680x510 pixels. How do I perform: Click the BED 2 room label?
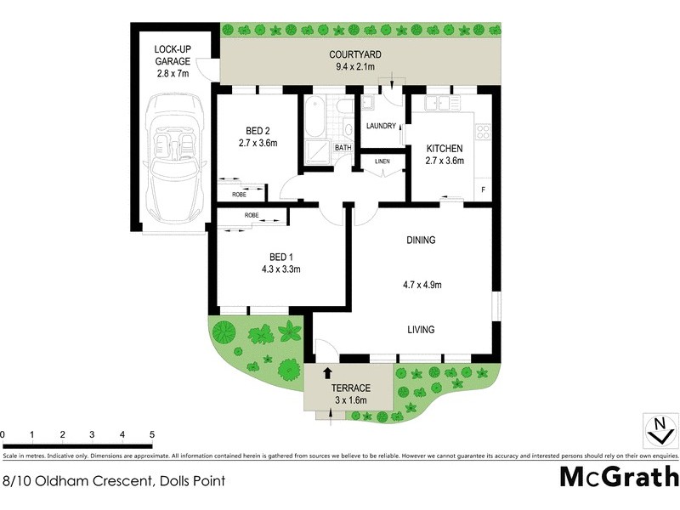[258, 137]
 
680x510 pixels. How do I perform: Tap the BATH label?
[343, 148]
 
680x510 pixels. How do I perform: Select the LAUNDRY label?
[381, 127]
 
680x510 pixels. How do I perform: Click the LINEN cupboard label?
[382, 161]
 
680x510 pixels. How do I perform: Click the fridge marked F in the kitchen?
[484, 190]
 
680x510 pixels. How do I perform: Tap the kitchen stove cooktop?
[483, 132]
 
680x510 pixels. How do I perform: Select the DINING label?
[421, 241]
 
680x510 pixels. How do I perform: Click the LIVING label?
[421, 330]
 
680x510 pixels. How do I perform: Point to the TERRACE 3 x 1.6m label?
[349, 394]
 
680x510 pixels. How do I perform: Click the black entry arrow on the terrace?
[328, 372]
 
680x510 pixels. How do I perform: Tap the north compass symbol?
[657, 429]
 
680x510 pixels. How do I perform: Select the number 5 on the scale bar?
[151, 435]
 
